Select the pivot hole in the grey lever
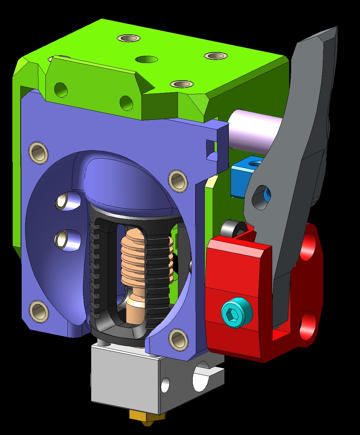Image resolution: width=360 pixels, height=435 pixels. coord(261,198)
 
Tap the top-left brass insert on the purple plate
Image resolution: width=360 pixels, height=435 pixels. coord(38,152)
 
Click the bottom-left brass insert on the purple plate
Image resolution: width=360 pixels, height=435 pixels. coord(39,311)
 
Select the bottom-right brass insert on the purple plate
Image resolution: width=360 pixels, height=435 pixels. coord(178,339)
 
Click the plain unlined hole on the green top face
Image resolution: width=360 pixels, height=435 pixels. coord(147,60)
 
